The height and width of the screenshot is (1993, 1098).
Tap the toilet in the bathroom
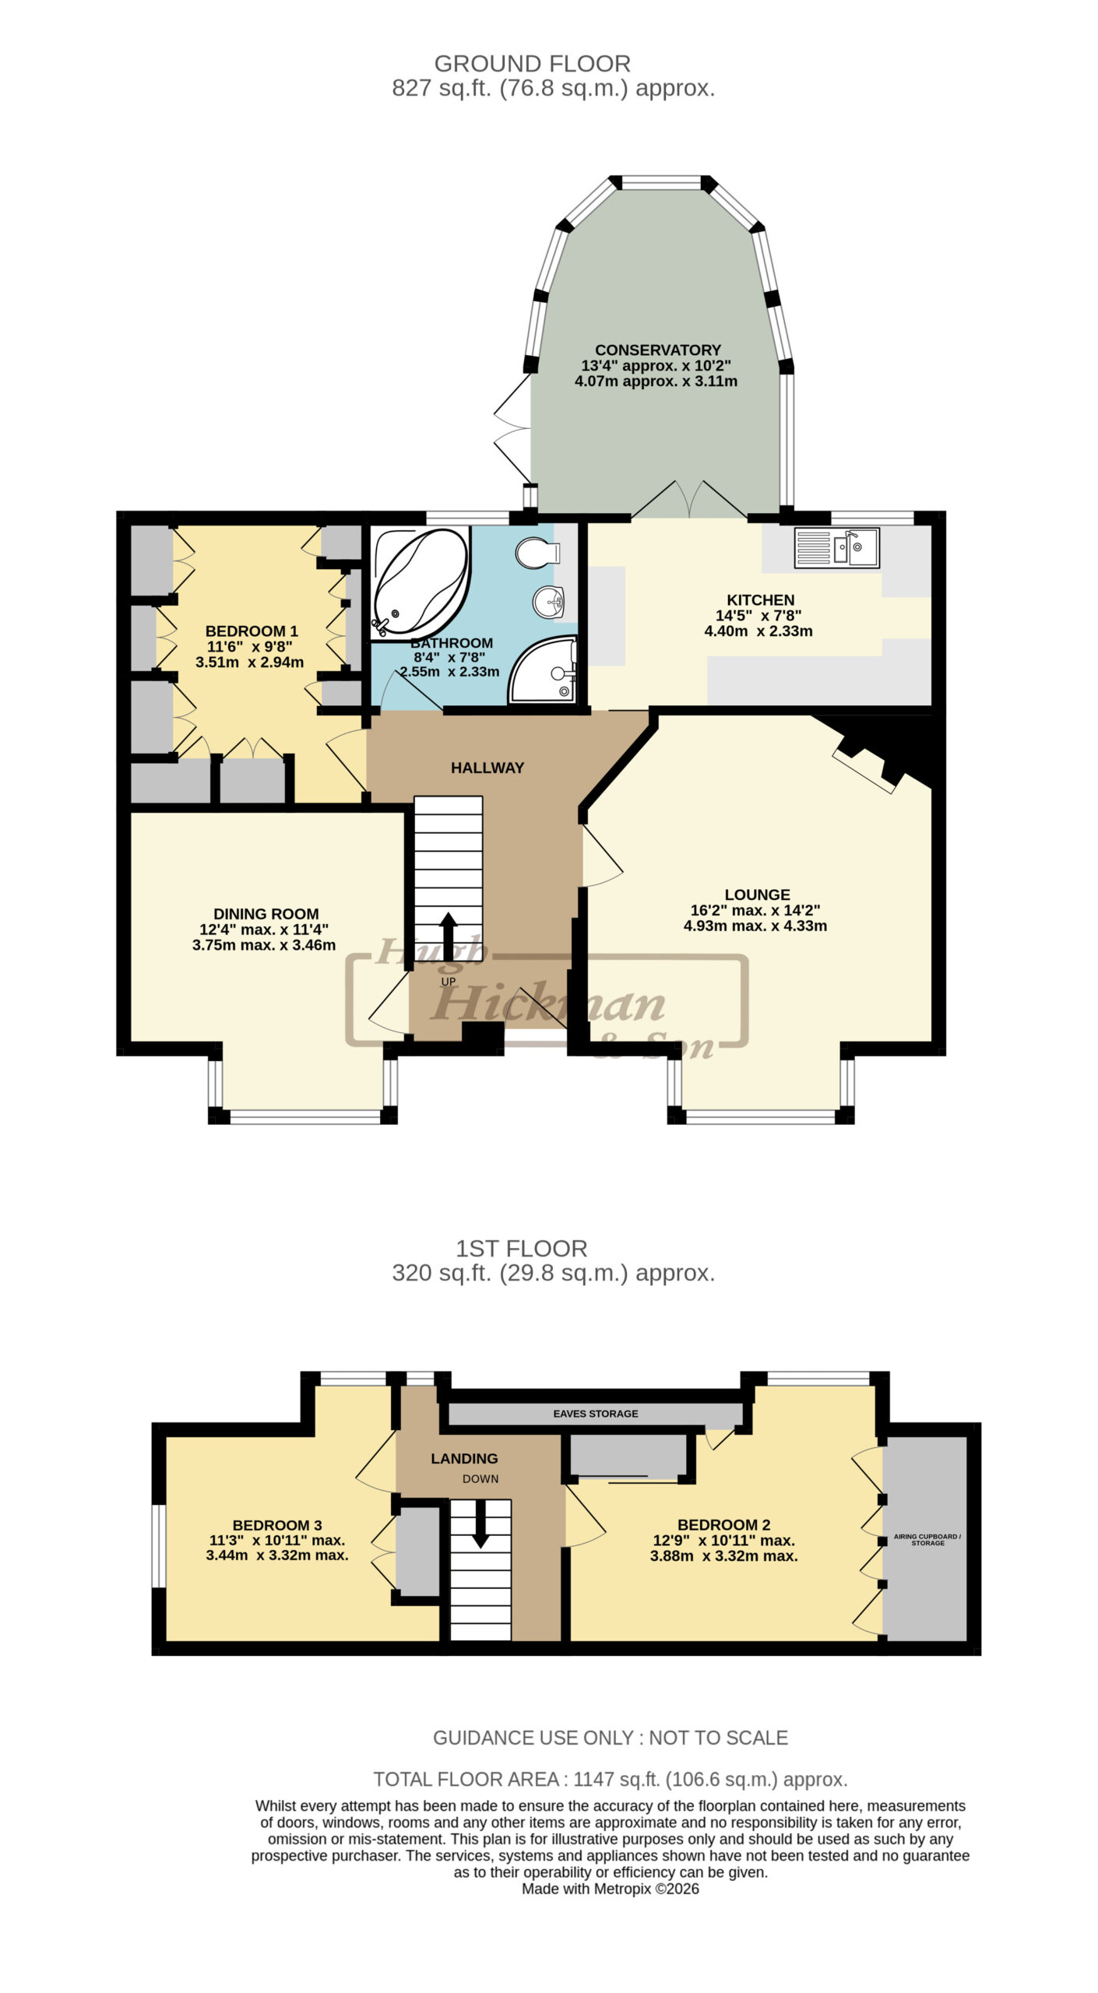[538, 552]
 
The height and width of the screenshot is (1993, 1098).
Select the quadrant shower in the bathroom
[544, 670]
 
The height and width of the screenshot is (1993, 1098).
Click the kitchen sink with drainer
[836, 547]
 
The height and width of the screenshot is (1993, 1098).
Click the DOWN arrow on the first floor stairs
[480, 1522]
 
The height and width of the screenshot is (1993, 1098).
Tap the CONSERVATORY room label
[658, 350]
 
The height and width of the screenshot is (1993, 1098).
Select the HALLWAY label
[487, 768]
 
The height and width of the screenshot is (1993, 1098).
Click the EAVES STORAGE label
[596, 1413]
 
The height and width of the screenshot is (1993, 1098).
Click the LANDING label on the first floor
[464, 1458]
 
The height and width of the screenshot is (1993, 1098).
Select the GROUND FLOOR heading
[533, 64]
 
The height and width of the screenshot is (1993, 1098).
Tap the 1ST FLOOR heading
[522, 1249]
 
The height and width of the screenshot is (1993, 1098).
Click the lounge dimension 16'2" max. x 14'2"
[755, 910]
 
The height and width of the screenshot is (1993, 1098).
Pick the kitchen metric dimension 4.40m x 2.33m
[758, 631]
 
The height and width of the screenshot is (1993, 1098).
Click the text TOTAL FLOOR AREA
[466, 1780]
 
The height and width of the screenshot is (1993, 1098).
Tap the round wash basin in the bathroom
[551, 601]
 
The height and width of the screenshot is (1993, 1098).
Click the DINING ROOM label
[266, 914]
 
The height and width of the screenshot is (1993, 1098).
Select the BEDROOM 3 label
[277, 1525]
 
